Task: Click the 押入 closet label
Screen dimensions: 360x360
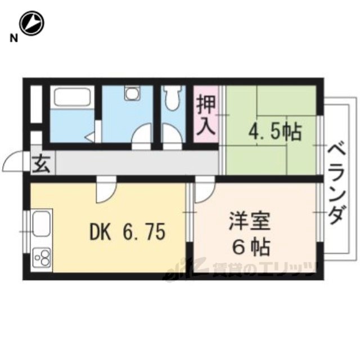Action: pos(206,115)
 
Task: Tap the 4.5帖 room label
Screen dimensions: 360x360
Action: pos(275,132)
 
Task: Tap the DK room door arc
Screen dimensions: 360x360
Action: pos(105,191)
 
